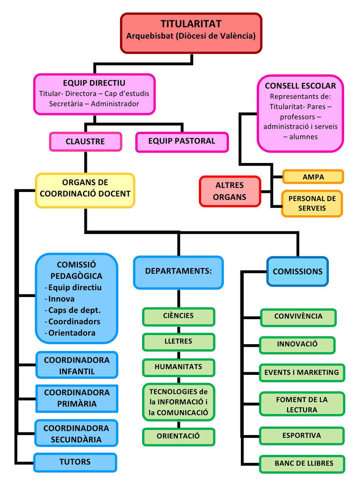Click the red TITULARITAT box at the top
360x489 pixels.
tap(191, 33)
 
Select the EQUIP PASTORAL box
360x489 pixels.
tap(182, 141)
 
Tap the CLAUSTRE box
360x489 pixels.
tap(85, 142)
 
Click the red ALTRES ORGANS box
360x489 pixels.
tap(229, 191)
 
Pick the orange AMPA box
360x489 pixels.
tap(313, 177)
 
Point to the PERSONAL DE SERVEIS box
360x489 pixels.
tap(312, 203)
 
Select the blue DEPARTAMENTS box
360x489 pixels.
tap(178, 271)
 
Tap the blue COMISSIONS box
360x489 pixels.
tap(298, 271)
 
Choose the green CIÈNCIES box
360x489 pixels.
tap(178, 316)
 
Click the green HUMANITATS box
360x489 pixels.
tap(178, 367)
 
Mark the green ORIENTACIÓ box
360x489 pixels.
tap(178, 436)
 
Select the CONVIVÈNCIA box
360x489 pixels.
tap(298, 316)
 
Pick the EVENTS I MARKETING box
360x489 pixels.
tap(302, 372)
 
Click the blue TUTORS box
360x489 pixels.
tap(75, 462)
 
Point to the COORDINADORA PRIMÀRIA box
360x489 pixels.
tap(77, 398)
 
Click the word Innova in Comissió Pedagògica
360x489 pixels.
tap(62, 299)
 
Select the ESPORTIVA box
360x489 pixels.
tap(302, 436)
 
